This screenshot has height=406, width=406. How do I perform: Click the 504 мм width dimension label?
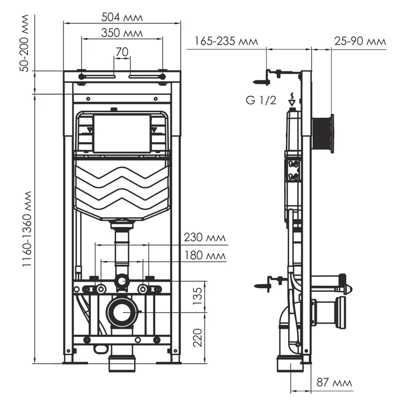122,17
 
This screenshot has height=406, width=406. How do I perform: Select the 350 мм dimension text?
122,33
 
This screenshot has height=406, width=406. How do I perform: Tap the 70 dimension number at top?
122,51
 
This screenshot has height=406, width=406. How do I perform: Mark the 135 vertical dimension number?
198,294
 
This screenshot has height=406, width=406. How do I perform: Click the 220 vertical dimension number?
198,336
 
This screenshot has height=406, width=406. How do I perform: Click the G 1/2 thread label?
261,100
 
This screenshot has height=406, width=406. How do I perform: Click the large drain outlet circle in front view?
122,312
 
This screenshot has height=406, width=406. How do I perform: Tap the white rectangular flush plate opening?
122,133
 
